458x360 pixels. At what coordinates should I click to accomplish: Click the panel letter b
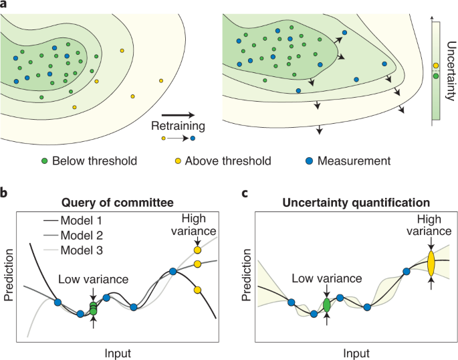pyautogui.click(x=5, y=194)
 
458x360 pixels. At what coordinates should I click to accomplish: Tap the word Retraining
pyautogui.click(x=178, y=125)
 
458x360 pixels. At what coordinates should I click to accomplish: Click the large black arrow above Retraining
pyautogui.click(x=178, y=114)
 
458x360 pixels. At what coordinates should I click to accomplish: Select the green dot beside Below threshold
pyautogui.click(x=44, y=161)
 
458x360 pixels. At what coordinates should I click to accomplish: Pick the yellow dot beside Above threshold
pyautogui.click(x=178, y=161)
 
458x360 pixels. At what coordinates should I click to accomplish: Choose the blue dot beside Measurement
pyautogui.click(x=308, y=161)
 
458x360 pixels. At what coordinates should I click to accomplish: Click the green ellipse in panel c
pyautogui.click(x=327, y=304)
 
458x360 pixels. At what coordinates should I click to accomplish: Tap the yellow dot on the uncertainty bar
pyautogui.click(x=436, y=66)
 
